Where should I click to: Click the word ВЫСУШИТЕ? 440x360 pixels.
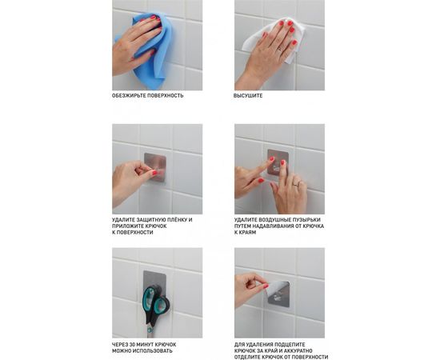pos(248,96)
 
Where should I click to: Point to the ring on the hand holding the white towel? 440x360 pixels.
pos(280,50)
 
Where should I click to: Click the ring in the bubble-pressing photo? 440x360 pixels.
pos(296,184)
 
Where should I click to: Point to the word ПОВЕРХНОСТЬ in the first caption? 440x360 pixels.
pos(166,96)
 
